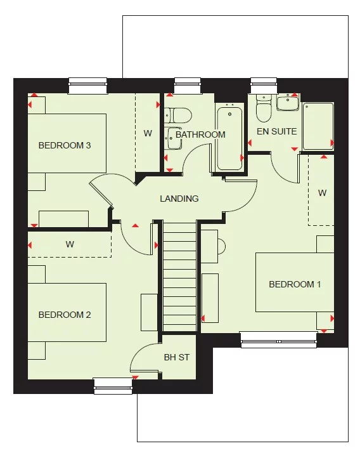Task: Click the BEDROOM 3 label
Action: coord(65,145)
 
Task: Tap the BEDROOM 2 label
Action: coord(65,315)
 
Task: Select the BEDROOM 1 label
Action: coord(295,284)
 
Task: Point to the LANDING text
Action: coord(179,199)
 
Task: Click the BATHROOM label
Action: coord(200,135)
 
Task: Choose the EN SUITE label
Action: coord(276,131)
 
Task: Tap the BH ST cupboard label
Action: coord(177,357)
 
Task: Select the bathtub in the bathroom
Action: coord(229,138)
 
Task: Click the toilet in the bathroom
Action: coord(180,115)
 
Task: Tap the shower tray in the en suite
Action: coord(318,126)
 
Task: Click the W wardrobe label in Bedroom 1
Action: coord(322,193)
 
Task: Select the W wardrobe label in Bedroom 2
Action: coord(70,244)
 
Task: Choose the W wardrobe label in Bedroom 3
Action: coord(148,133)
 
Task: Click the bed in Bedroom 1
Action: coord(294,282)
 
